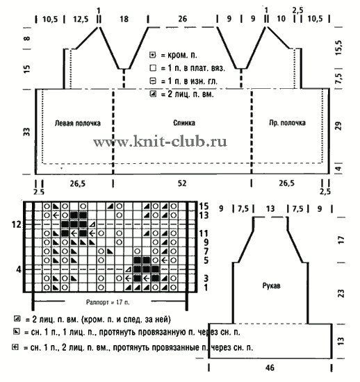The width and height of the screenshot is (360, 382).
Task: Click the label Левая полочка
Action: coord(78,123)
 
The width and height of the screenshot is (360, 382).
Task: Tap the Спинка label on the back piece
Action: coord(184,123)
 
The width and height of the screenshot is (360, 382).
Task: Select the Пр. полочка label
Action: coord(287,122)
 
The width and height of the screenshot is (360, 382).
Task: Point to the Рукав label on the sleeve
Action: coord(271,285)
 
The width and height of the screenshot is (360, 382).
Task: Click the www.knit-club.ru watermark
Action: coord(160,141)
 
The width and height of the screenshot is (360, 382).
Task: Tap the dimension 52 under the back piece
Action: coord(182,183)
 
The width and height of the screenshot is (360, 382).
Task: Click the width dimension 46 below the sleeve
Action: coord(270,367)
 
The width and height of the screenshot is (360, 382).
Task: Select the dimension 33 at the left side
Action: coord(26,132)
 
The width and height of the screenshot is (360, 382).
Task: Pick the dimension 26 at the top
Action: coord(182,19)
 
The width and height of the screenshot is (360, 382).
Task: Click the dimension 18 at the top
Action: coord(124,19)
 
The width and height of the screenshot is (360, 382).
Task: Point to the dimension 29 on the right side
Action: coord(338,126)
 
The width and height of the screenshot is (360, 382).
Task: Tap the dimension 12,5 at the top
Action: coord(81,19)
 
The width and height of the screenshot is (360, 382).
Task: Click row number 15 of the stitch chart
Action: coord(204,206)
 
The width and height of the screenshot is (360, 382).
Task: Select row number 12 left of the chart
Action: coord(16,224)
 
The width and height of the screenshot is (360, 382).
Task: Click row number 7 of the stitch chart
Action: coord(206,251)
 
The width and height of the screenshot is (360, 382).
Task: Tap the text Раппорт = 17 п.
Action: coord(108,302)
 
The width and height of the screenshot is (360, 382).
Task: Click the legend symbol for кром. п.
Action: coord(153,55)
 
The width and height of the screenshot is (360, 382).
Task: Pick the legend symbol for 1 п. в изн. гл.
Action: coord(153,81)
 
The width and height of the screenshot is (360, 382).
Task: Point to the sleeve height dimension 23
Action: coord(341,293)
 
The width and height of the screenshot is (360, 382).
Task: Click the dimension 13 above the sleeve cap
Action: coord(270,209)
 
